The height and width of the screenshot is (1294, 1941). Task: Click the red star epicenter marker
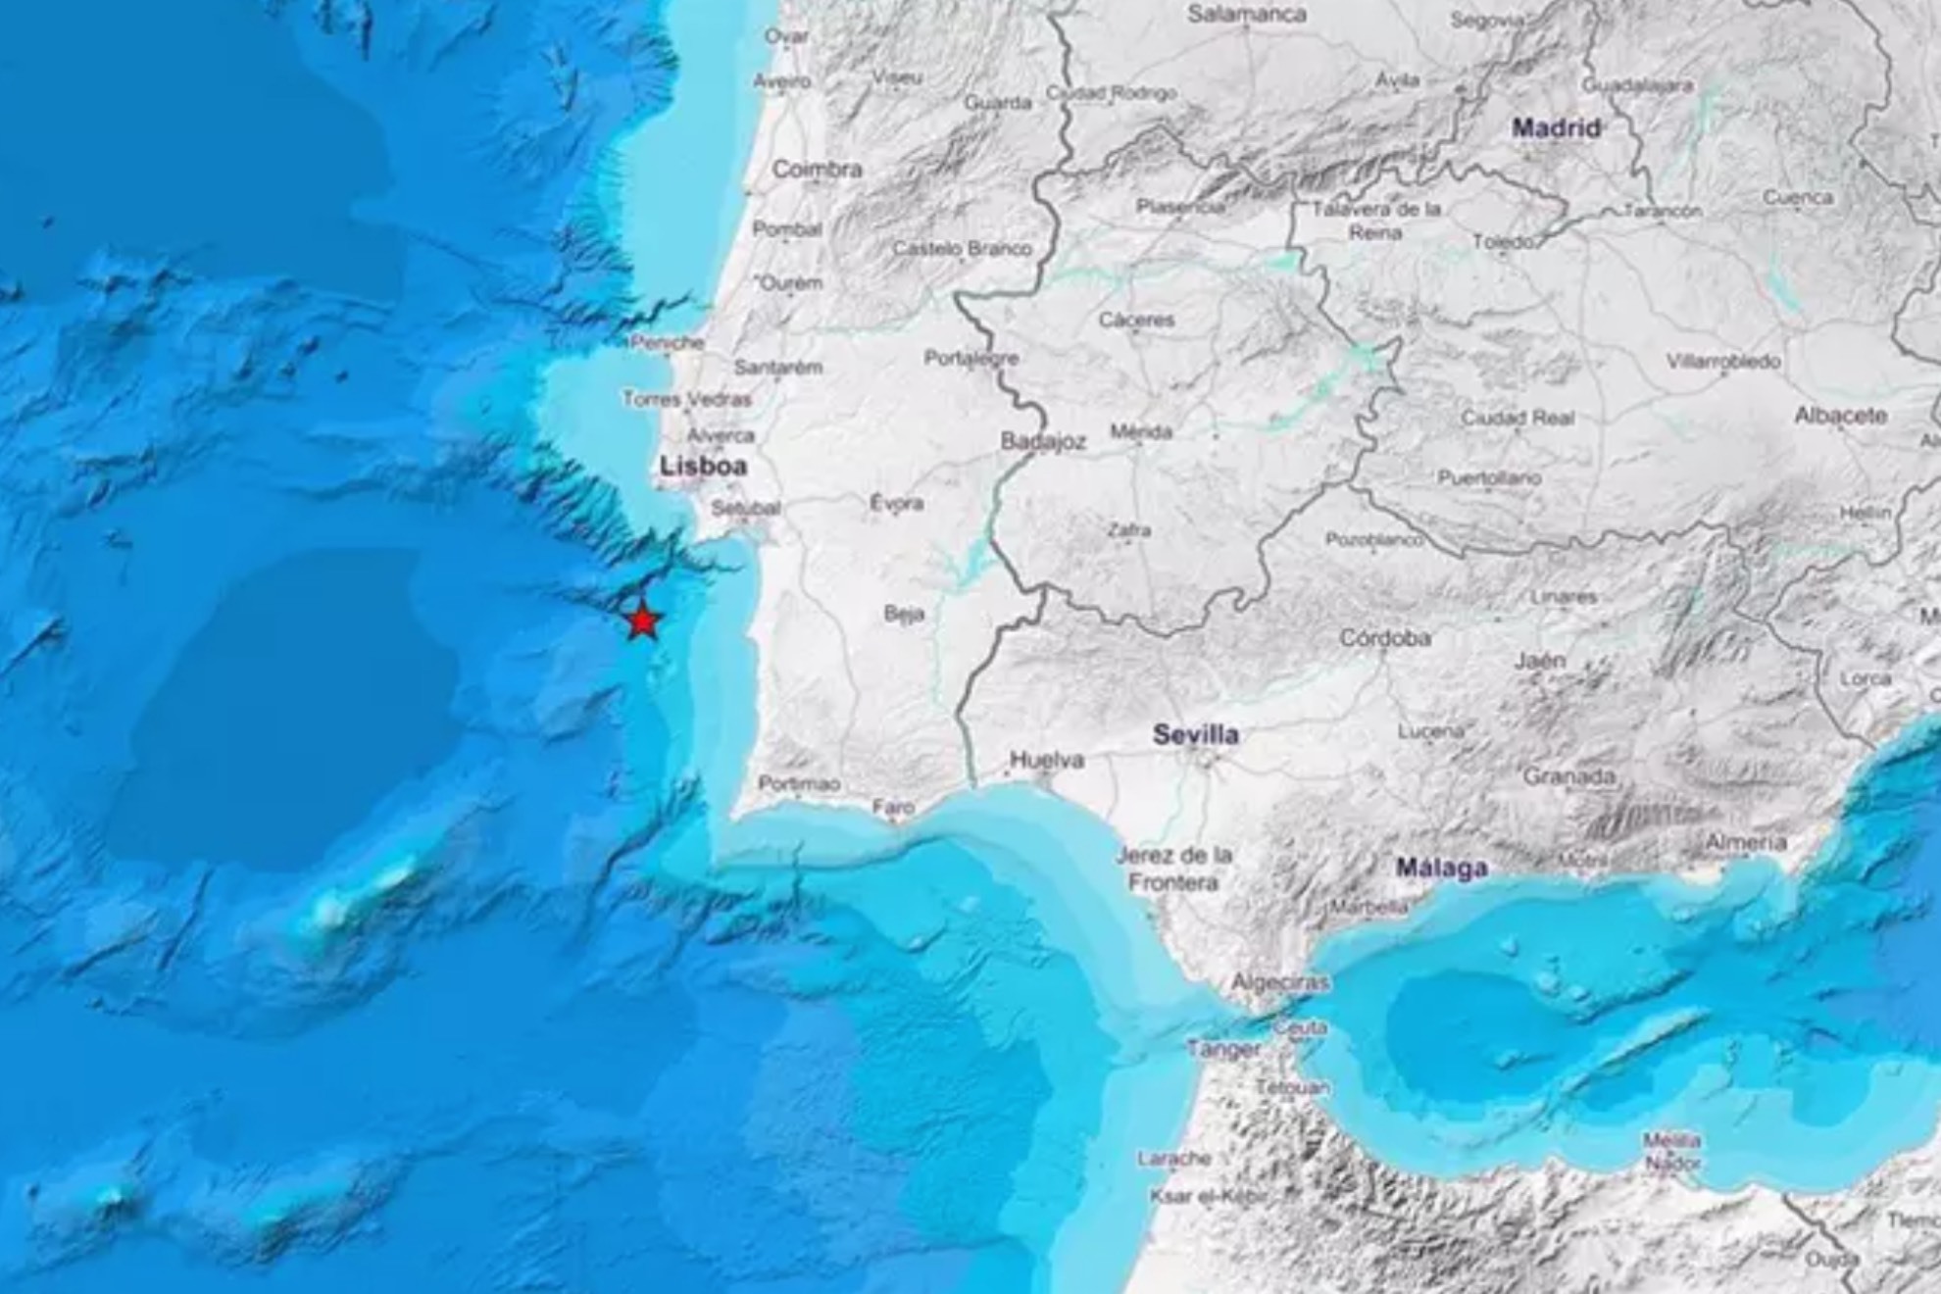point(642,621)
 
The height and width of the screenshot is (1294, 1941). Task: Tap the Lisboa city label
point(703,467)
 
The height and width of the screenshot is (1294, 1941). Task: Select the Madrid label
point(1556,127)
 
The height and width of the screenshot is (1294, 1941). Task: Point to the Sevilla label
point(1195,734)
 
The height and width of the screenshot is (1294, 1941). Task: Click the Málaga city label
point(1441,867)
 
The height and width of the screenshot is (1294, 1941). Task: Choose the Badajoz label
point(1043,442)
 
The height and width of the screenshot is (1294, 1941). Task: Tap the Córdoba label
point(1384,638)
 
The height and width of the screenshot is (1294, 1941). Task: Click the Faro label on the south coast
point(893,808)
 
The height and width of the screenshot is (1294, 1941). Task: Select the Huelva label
point(1047,760)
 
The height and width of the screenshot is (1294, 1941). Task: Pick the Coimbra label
point(817,169)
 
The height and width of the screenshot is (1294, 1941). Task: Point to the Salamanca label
point(1247,14)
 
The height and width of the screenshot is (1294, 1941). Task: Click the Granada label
point(1568,776)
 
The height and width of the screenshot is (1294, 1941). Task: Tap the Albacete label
point(1840,416)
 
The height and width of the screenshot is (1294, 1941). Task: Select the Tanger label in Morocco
point(1223,1049)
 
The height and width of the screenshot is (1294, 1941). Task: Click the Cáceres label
point(1136,320)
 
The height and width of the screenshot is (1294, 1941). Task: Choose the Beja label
point(904,614)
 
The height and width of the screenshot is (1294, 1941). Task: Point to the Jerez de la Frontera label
point(1173,869)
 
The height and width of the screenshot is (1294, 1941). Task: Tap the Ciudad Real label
point(1518,419)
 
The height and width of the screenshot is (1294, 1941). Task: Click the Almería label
point(1746,842)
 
